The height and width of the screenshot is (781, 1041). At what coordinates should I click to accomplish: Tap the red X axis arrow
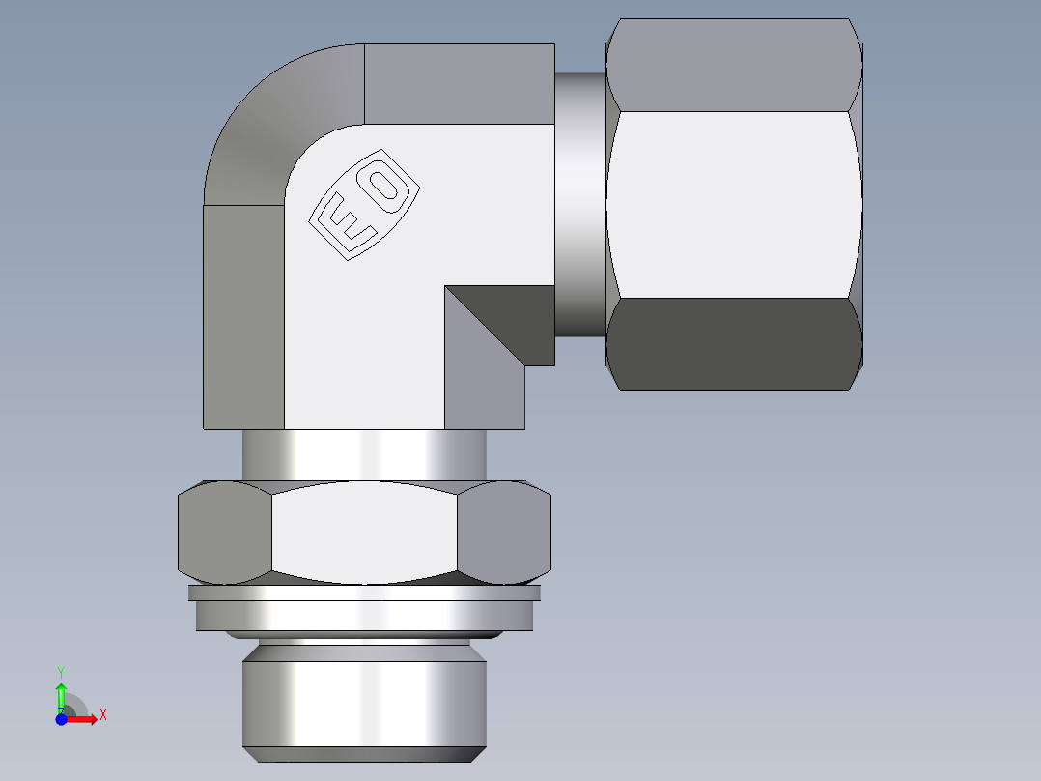pyautogui.click(x=85, y=718)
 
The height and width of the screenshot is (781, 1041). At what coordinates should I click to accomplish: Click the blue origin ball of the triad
pyautogui.click(x=60, y=718)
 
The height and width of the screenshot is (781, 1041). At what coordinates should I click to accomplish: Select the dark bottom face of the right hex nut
pyautogui.click(x=734, y=344)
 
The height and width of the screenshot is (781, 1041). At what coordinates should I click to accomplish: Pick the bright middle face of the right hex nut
pyautogui.click(x=734, y=203)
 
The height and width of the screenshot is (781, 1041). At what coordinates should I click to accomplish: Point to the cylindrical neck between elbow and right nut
pyautogui.click(x=580, y=203)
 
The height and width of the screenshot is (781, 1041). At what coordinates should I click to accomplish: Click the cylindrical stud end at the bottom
pyautogui.click(x=363, y=701)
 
